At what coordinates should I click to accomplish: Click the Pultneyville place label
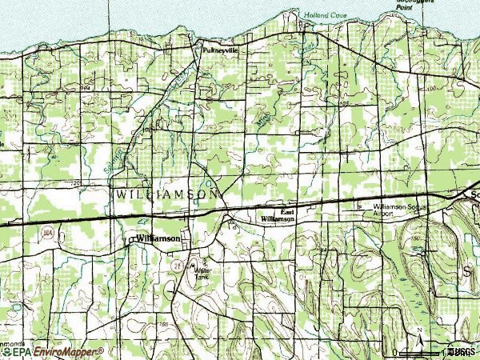click(220, 49)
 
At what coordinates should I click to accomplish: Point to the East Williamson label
click(278, 215)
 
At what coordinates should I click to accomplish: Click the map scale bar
click(424, 351)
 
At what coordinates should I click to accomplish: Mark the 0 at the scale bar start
click(395, 352)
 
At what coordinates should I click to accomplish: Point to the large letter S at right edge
click(466, 273)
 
